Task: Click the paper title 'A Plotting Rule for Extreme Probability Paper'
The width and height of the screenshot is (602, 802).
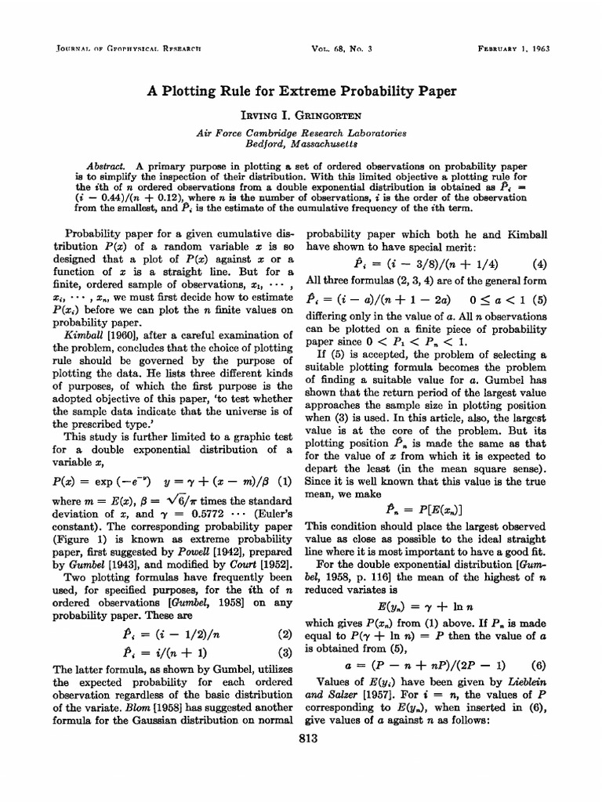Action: [302, 90]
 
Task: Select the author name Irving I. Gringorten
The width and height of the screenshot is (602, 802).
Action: [302, 114]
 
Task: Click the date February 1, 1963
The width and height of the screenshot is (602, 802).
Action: [513, 48]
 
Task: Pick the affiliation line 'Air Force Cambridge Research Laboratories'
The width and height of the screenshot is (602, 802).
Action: [302, 134]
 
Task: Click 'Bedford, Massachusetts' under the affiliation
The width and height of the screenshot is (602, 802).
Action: [302, 145]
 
